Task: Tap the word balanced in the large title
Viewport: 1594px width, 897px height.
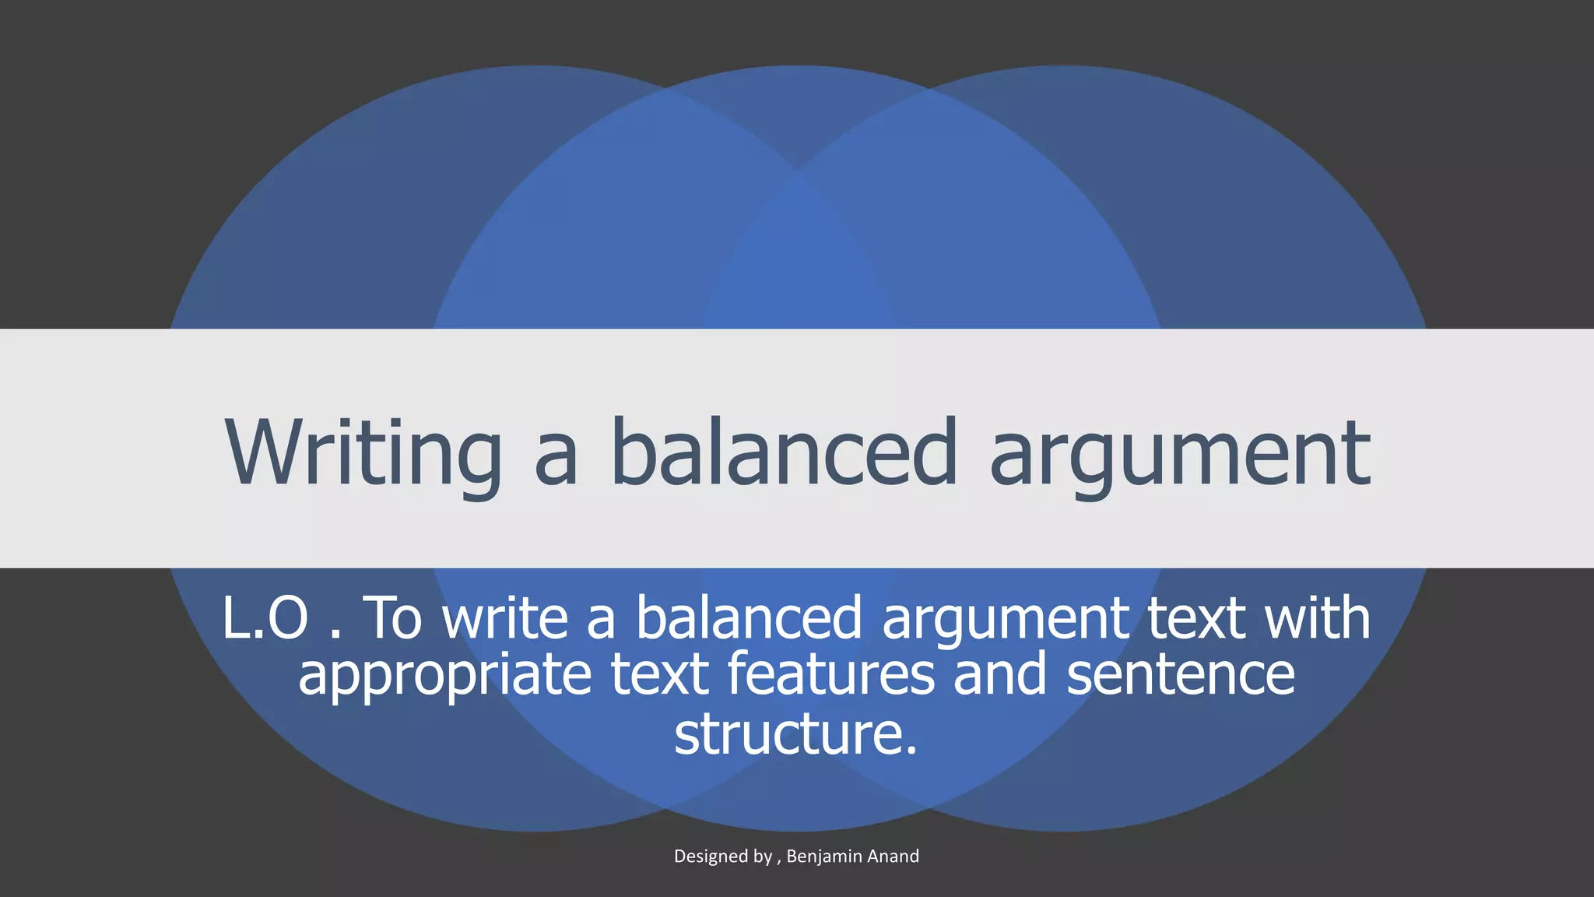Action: pyautogui.click(x=783, y=452)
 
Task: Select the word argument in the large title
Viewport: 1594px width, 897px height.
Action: pyautogui.click(x=1179, y=456)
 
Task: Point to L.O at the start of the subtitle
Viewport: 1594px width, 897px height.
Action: pyautogui.click(x=265, y=618)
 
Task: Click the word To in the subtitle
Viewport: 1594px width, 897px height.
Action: pyautogui.click(x=393, y=618)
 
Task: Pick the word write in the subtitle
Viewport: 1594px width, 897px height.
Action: pyautogui.click(x=506, y=618)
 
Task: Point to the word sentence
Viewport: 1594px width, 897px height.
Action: pyautogui.click(x=1180, y=674)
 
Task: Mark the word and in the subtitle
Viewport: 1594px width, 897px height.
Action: pyautogui.click(x=1000, y=674)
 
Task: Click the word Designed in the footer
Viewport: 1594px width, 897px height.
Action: pyautogui.click(x=711, y=857)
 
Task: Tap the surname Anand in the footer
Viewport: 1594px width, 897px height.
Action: pyautogui.click(x=893, y=857)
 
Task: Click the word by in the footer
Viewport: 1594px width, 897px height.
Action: pyautogui.click(x=763, y=857)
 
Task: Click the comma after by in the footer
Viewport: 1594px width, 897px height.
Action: pyautogui.click(x=779, y=862)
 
